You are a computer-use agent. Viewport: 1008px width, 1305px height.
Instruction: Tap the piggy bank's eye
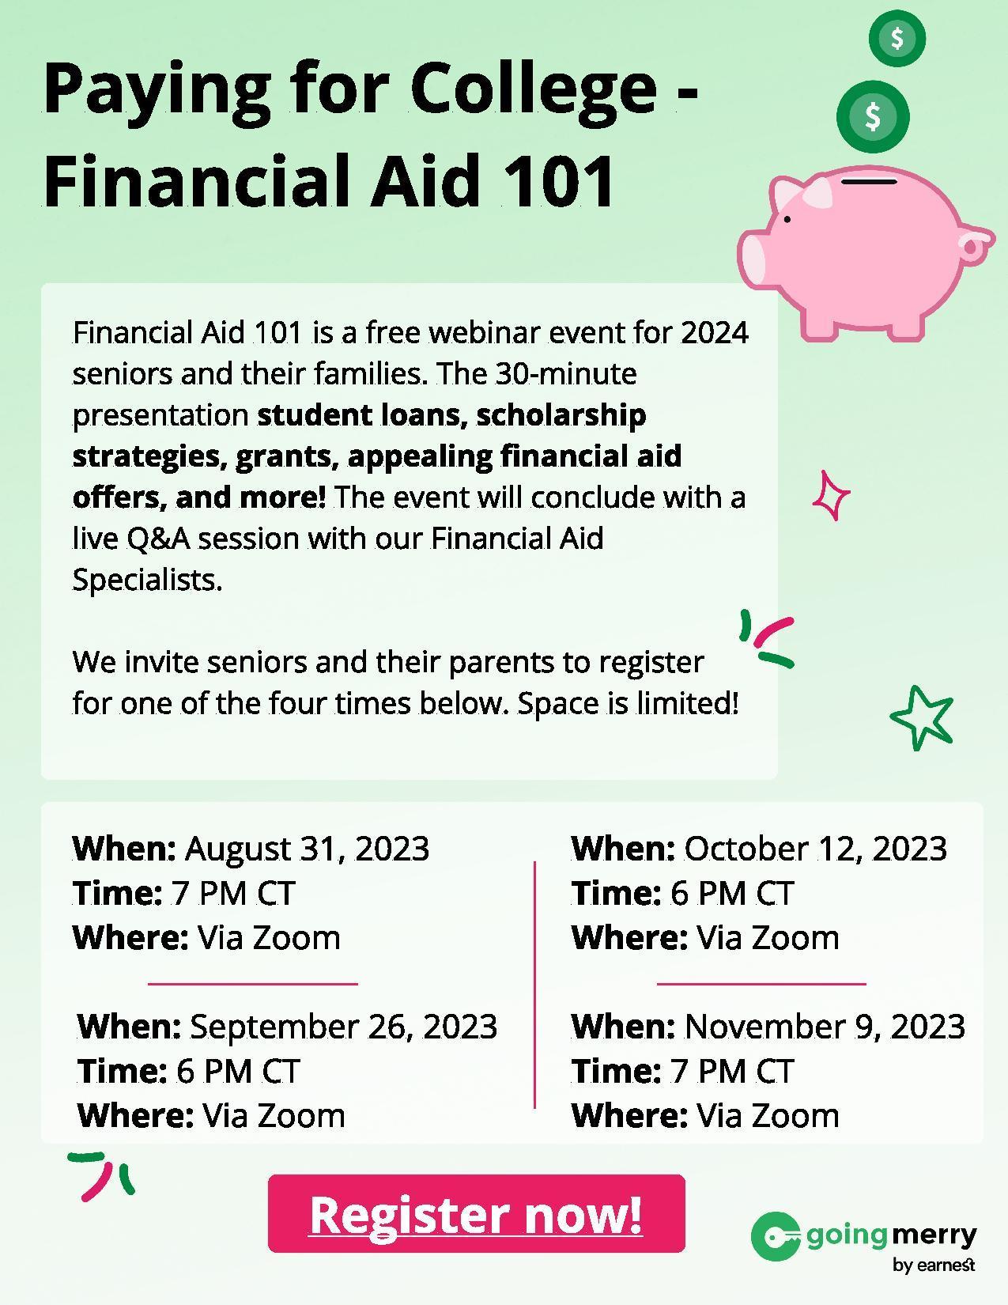tap(787, 220)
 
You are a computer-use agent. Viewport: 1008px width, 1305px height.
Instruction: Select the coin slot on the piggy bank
tap(869, 181)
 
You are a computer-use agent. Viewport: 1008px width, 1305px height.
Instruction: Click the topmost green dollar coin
tap(897, 39)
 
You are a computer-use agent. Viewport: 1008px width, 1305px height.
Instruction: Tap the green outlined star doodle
tap(922, 717)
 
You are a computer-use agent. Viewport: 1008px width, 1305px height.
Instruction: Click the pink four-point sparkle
tap(831, 495)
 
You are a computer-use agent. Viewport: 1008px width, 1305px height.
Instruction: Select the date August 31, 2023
tap(307, 849)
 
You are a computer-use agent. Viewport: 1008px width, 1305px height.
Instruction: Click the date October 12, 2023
tap(815, 849)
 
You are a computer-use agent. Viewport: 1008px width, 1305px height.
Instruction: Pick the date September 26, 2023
tap(343, 1027)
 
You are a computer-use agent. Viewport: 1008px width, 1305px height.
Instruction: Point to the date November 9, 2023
tap(825, 1027)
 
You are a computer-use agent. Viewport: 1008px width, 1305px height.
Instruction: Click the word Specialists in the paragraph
tap(147, 581)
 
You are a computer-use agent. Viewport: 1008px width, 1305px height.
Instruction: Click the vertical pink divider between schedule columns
tap(534, 985)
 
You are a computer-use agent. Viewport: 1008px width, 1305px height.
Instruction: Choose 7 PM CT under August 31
tap(233, 893)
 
